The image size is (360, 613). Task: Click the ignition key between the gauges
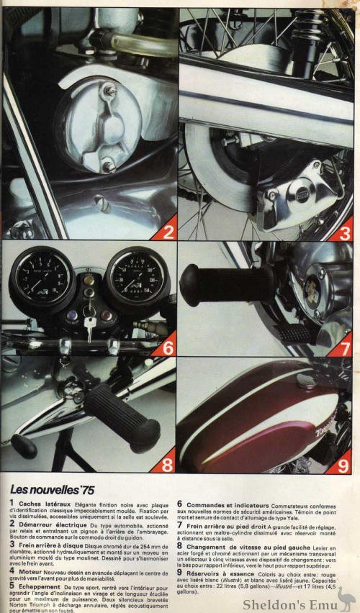(x=89, y=325)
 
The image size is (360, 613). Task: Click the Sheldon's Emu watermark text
(x=288, y=602)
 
